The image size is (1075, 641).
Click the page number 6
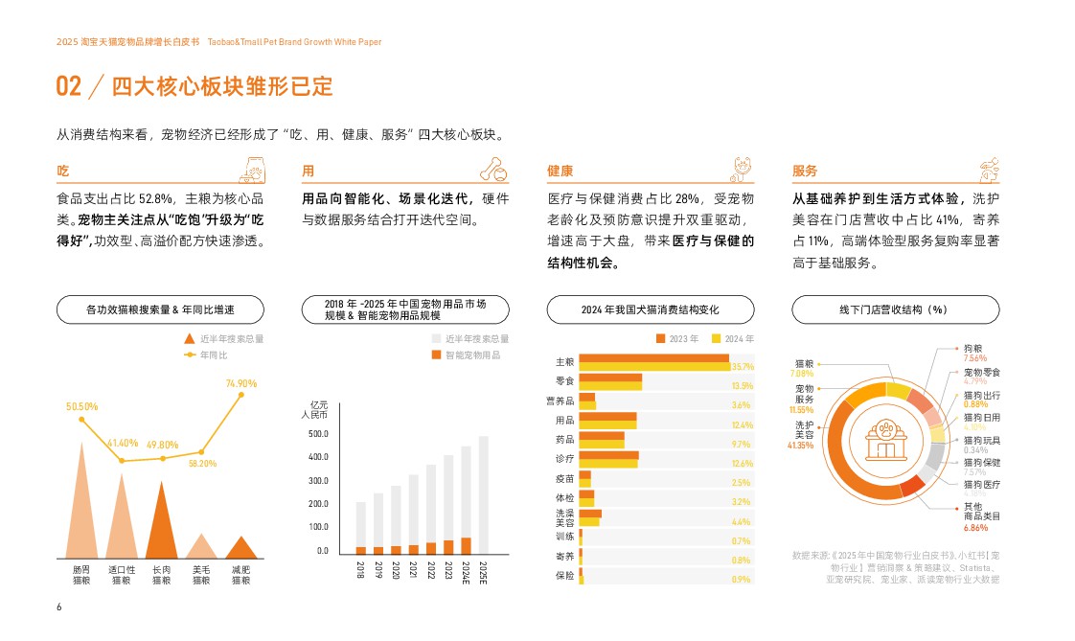[x=59, y=607]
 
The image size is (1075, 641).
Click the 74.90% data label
[x=241, y=384]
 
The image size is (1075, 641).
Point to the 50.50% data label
[x=81, y=406]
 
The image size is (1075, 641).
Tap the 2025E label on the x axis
[x=483, y=572]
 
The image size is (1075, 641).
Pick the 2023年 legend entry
[x=677, y=339]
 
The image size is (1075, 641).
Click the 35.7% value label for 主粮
[x=742, y=367]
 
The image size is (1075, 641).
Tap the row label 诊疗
[x=564, y=458]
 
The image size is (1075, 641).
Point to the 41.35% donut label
[x=800, y=446]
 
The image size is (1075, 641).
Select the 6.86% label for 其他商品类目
[x=975, y=528]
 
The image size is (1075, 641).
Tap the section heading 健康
[x=560, y=172]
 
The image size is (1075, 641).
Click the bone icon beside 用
[x=492, y=171]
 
